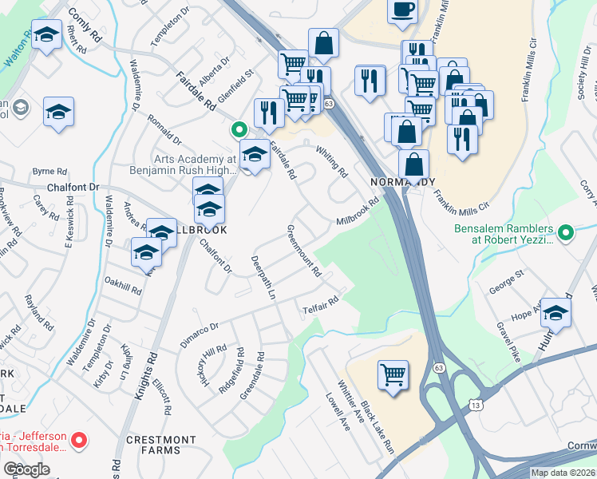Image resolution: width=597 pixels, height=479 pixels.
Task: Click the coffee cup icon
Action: coord(402,10)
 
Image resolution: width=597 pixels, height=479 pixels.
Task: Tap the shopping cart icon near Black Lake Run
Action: coord(393,374)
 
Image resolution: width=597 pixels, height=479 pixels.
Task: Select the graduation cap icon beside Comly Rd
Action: coord(46,35)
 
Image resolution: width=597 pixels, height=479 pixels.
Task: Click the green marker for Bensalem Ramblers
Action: coord(566,234)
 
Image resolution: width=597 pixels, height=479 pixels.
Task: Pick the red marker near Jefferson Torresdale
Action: coord(78,440)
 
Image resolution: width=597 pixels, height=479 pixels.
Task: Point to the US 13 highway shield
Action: coord(476,406)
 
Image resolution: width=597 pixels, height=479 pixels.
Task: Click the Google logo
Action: coord(27,469)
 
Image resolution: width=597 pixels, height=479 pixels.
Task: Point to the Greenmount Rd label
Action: coord(303,251)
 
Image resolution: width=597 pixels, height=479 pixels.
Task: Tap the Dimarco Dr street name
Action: coord(199,333)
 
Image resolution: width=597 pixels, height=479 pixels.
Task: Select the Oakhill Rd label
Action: coord(123,286)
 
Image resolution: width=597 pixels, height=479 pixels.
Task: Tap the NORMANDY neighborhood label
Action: coord(403,182)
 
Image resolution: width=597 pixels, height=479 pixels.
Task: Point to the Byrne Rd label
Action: coord(48,171)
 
